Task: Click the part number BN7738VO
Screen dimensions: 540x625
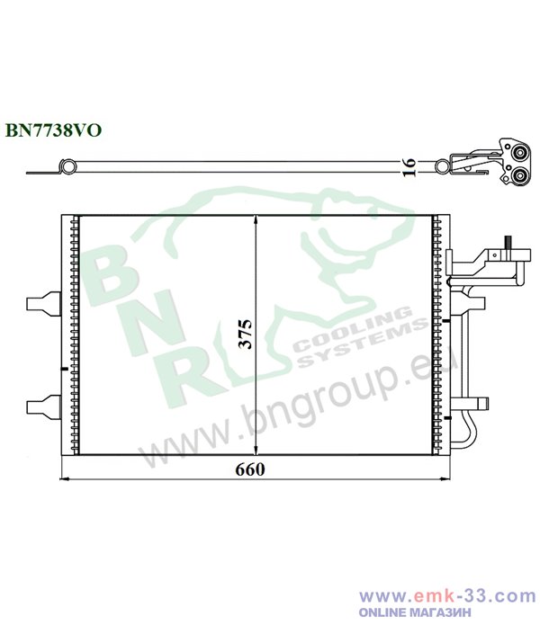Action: click(53, 129)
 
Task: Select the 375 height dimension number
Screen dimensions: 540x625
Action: click(246, 334)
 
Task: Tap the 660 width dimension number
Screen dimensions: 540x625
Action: click(250, 469)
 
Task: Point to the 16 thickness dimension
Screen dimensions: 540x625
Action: click(409, 167)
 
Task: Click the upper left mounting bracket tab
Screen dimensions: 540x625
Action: click(43, 304)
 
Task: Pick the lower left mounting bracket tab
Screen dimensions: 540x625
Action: click(43, 407)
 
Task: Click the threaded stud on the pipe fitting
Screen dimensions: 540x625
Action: click(508, 242)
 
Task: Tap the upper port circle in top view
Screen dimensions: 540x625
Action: click(519, 154)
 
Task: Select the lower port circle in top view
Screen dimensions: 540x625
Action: click(519, 175)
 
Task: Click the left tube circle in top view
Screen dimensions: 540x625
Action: click(67, 166)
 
